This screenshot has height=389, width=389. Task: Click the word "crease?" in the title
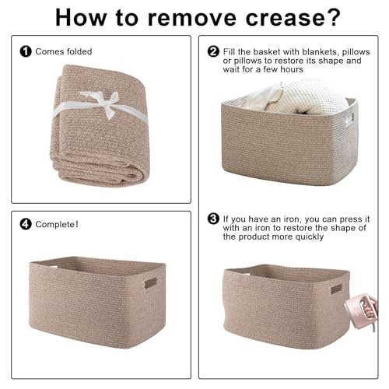293,18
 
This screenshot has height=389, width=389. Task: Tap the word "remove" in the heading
192,18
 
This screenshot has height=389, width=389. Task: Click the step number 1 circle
26,51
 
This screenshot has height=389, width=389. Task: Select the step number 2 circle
213,51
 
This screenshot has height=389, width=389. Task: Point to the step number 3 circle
213,219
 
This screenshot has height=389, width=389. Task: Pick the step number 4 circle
26,224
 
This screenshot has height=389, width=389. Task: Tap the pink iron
362,311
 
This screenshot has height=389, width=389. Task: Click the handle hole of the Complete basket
151,282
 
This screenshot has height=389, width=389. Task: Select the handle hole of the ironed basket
336,289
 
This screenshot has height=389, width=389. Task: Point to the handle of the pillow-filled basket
349,120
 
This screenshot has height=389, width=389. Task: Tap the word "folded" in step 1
79,51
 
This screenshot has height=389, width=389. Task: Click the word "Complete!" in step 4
57,224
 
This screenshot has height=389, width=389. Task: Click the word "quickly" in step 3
310,237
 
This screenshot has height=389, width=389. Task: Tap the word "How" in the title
81,18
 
